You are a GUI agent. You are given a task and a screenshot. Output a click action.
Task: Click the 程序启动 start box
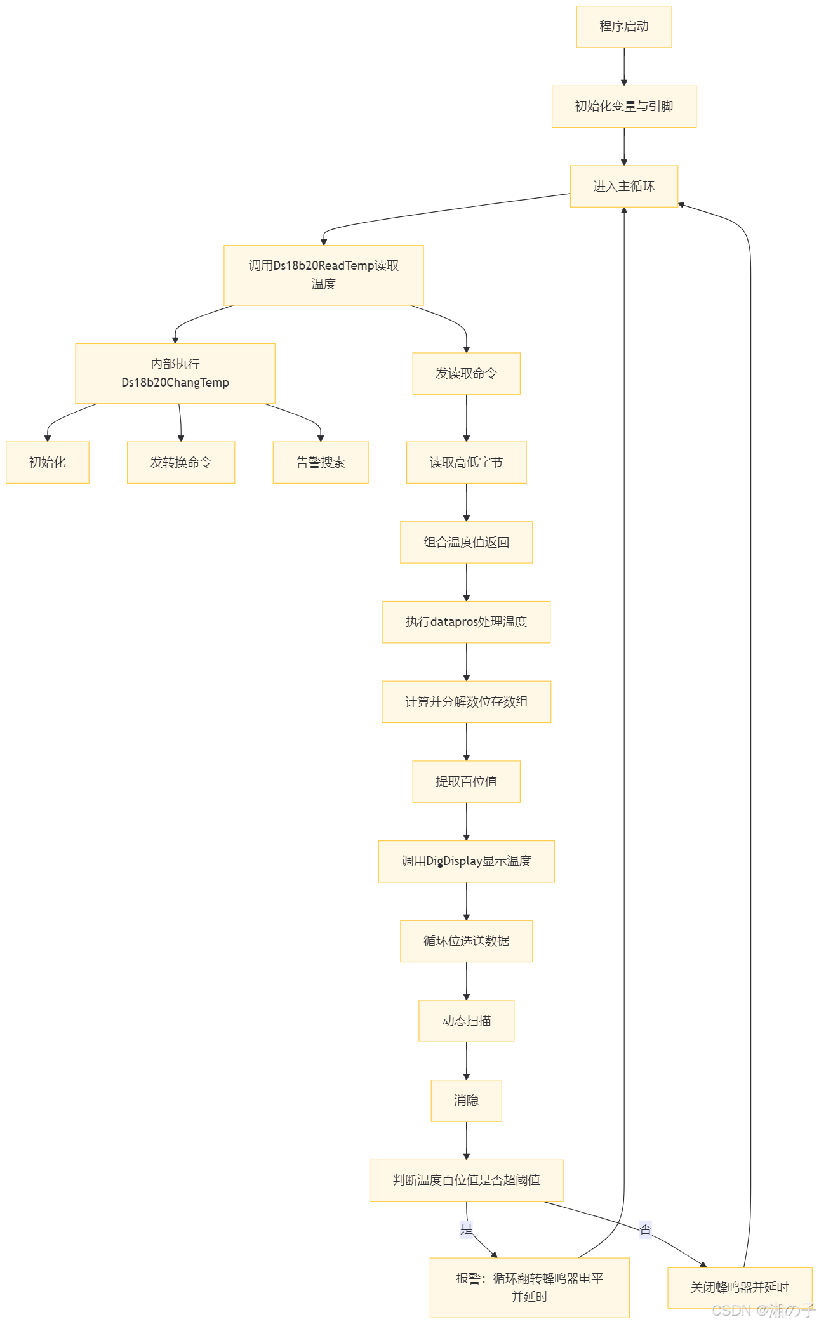[623, 27]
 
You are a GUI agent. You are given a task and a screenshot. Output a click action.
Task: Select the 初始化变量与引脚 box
[623, 107]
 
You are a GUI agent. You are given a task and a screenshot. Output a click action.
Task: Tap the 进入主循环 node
[623, 186]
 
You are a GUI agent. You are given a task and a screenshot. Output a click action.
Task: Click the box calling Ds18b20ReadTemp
[323, 275]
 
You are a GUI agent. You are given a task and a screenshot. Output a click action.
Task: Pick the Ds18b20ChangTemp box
[175, 373]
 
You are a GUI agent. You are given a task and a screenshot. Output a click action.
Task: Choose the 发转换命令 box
[181, 462]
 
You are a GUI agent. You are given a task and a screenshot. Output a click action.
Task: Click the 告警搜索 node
[320, 462]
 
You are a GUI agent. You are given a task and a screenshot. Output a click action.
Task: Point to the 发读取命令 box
[466, 373]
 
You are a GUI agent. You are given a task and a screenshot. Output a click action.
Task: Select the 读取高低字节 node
[466, 462]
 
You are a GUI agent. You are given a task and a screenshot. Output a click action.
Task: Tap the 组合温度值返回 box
[466, 542]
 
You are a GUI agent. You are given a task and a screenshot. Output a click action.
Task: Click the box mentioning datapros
[466, 621]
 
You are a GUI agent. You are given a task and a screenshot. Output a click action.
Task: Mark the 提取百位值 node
[466, 781]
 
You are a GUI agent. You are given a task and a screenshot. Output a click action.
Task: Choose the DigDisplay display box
[466, 861]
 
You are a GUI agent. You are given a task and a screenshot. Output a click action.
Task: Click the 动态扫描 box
[466, 1021]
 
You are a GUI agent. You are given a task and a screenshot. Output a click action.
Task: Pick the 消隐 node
[466, 1100]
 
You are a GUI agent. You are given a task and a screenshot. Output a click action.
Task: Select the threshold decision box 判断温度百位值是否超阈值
[466, 1180]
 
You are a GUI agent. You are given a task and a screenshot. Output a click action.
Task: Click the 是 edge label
[467, 1229]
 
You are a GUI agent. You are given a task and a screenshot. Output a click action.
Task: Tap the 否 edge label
[646, 1229]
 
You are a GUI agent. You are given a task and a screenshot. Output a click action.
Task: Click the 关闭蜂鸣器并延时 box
[740, 1287]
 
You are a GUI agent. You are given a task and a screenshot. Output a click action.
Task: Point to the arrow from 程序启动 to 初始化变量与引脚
[623, 67]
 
